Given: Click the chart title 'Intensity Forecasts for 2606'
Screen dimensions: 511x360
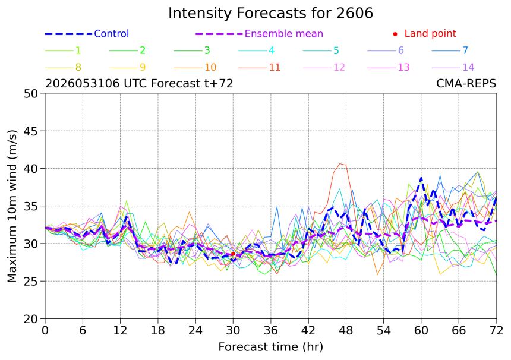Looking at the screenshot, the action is click(x=270, y=13).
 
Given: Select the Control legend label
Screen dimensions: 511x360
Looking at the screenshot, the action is click(x=112, y=33).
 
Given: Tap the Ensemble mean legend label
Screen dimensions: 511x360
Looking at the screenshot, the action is click(x=284, y=33).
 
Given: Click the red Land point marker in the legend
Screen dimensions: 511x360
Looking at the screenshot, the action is click(x=395, y=34).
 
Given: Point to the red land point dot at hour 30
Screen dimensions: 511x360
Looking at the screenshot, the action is click(x=233, y=254).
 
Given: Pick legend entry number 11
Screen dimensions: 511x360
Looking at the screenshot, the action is click(x=275, y=68).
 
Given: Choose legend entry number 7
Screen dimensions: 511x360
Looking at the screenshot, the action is click(x=465, y=50).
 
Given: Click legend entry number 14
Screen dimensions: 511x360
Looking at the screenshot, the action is click(x=468, y=68).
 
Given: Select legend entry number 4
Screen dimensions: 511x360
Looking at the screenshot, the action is click(x=272, y=50).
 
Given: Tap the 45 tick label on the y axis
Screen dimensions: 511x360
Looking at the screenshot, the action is click(x=31, y=131).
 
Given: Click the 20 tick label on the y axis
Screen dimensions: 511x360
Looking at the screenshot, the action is click(x=31, y=319).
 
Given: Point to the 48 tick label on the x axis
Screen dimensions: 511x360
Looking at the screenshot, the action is click(x=346, y=331).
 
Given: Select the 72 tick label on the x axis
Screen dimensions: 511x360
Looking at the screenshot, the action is click(x=496, y=331).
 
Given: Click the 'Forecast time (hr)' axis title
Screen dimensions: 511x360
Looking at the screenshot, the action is click(x=270, y=347).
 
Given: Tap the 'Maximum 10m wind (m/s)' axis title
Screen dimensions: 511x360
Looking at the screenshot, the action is click(x=12, y=206).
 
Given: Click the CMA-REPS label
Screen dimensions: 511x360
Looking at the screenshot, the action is click(x=466, y=84).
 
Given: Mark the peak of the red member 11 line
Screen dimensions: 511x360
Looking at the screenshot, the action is click(x=340, y=163).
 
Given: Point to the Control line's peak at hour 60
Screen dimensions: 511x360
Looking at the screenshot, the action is click(x=421, y=178).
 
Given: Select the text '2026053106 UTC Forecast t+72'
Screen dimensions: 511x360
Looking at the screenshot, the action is click(x=139, y=84).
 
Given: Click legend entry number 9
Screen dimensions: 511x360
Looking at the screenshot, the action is click(x=143, y=68).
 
